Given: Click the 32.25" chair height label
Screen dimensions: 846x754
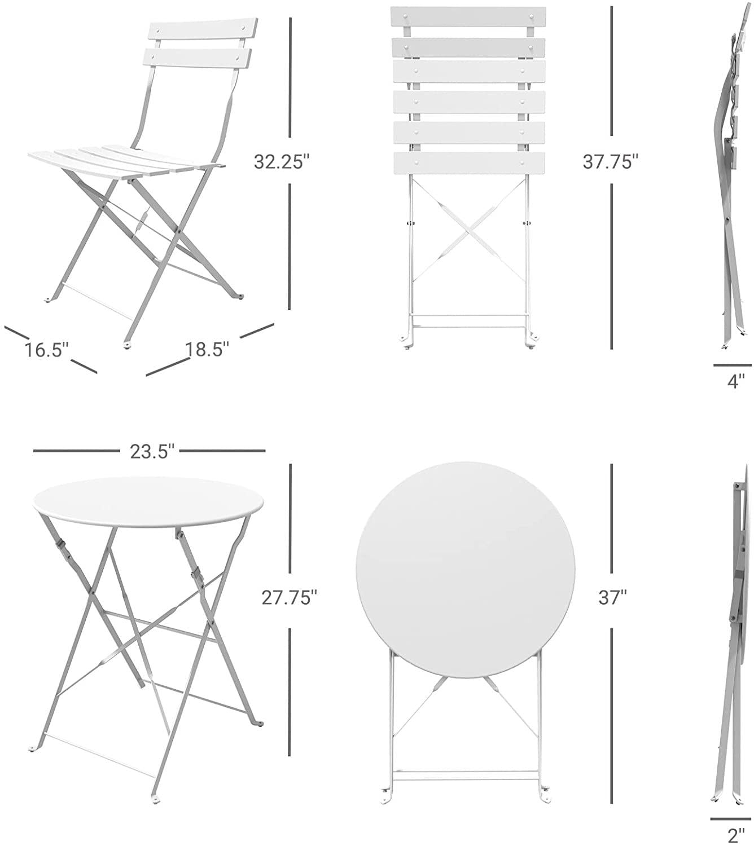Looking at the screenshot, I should point(282,162).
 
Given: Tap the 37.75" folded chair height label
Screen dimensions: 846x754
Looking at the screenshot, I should point(611,162).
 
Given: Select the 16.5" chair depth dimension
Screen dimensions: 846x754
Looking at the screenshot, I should point(46,350).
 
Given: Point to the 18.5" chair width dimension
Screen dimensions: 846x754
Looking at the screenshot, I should point(208,350).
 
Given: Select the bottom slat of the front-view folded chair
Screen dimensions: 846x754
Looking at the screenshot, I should point(468,164).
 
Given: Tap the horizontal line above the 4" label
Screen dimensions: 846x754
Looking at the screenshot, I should point(732,365).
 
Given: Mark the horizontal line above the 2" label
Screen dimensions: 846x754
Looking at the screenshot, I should point(730,819).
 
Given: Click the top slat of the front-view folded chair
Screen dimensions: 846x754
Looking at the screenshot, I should point(468,17).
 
